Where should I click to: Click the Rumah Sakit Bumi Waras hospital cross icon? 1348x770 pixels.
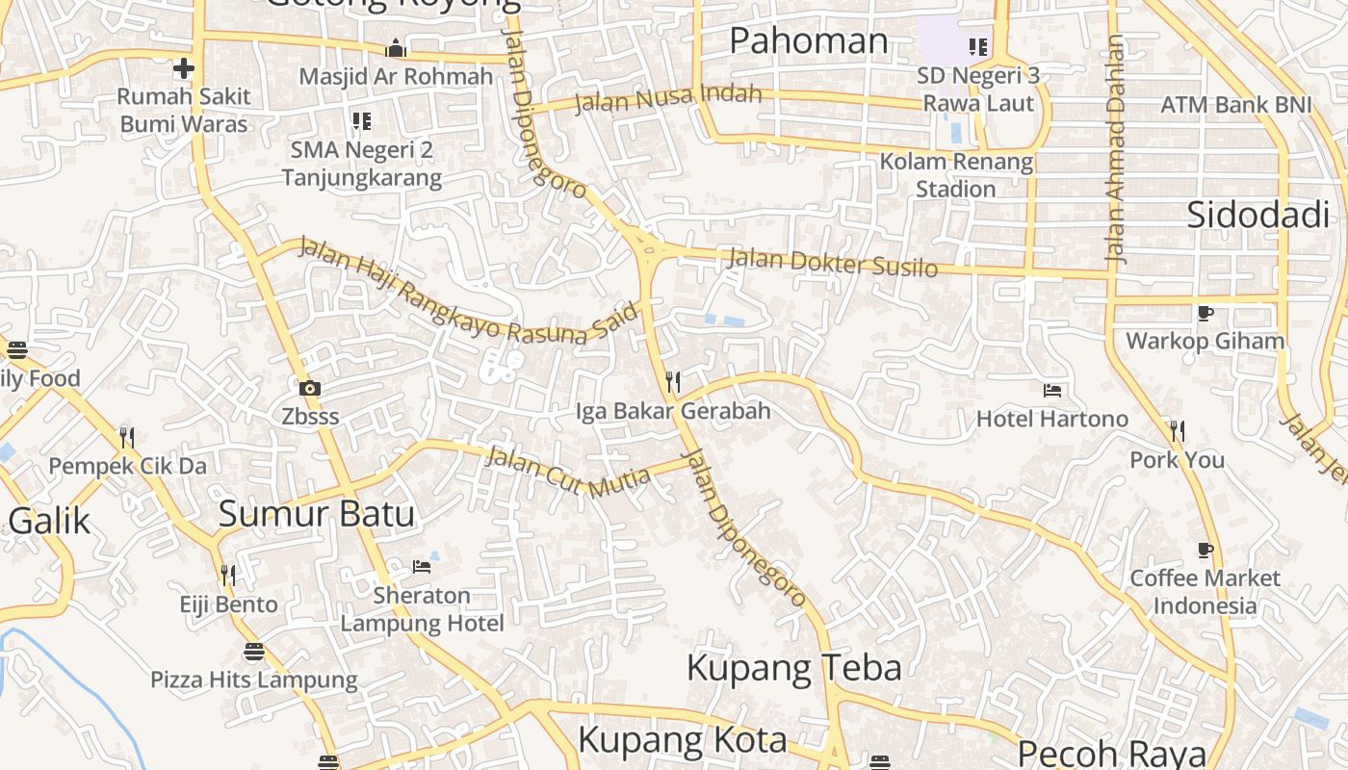[183, 68]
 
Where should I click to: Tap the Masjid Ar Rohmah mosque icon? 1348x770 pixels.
[396, 49]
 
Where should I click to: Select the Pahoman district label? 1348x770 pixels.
[808, 41]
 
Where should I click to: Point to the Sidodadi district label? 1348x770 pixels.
[1257, 215]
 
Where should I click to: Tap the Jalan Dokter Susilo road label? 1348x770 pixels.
[833, 262]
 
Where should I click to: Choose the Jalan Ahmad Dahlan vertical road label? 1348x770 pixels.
[1115, 149]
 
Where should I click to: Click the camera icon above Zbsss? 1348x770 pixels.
[309, 389]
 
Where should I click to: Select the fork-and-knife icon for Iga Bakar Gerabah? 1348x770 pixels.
[673, 382]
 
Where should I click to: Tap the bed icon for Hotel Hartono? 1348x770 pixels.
[1052, 391]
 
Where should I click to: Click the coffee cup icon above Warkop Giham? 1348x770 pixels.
[1205, 313]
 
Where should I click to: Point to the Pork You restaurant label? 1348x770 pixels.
[1177, 460]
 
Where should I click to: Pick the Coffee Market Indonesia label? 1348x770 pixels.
[1205, 592]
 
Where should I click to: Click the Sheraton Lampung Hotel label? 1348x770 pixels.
[422, 609]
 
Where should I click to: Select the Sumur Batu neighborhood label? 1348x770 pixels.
[316, 514]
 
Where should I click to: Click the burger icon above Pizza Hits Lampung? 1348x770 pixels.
[253, 652]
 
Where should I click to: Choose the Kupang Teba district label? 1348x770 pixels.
[793, 668]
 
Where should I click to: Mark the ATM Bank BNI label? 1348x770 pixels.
[1235, 105]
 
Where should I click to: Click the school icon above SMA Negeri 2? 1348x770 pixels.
[362, 121]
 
